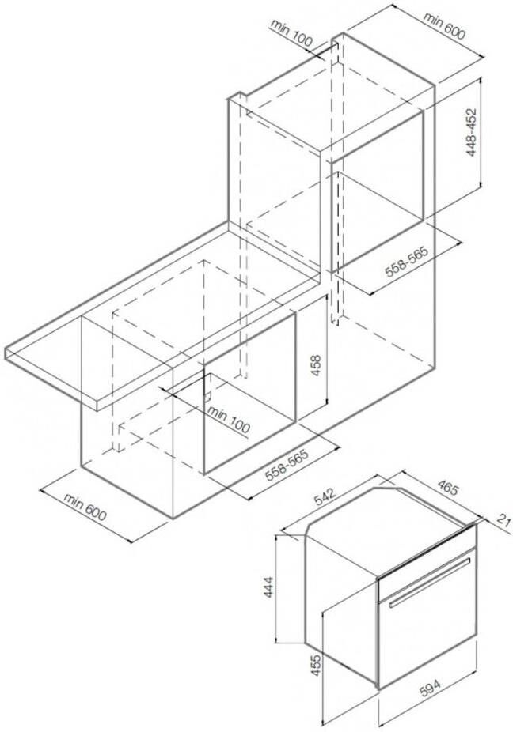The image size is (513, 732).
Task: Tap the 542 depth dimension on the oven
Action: (324, 496)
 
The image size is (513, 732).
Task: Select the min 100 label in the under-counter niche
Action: (229, 419)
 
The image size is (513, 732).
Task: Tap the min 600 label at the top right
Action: (445, 25)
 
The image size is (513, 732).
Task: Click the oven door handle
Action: (430, 581)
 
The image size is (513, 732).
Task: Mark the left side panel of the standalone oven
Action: (341, 602)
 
